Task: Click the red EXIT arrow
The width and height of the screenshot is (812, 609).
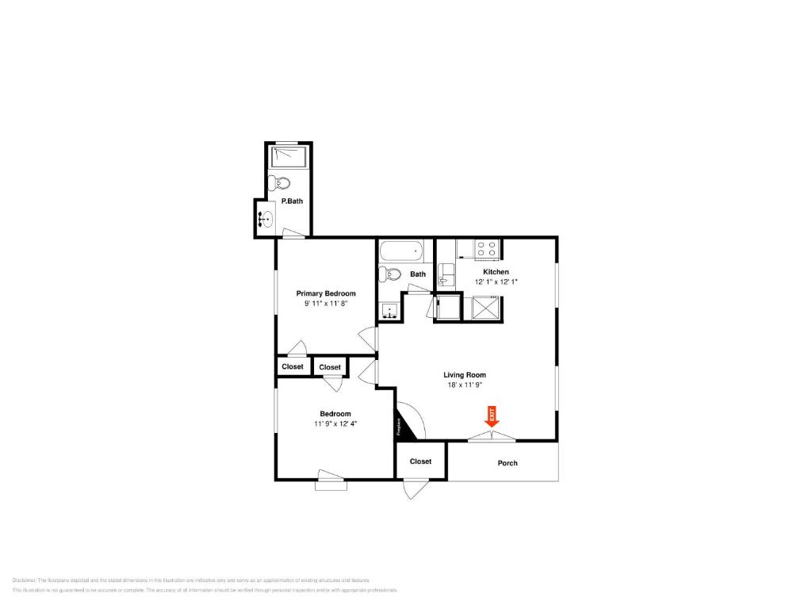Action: [491, 416]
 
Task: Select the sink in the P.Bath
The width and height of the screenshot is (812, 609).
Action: [267, 218]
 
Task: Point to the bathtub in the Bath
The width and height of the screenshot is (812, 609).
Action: [402, 252]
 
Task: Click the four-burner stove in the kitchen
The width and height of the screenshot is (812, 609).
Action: [486, 250]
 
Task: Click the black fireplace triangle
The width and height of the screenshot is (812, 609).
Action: [402, 423]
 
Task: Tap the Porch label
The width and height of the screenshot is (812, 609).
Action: [507, 463]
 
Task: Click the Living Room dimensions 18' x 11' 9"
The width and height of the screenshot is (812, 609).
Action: [464, 385]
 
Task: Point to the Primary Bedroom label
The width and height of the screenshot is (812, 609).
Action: [326, 293]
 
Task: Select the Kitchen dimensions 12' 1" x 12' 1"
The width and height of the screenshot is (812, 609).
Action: [496, 282]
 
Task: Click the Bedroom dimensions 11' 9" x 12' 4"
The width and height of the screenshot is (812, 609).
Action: [335, 423]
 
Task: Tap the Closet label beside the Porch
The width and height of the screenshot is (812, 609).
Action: [420, 462]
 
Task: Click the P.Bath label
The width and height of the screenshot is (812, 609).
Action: [292, 201]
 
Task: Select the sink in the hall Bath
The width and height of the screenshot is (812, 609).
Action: [389, 310]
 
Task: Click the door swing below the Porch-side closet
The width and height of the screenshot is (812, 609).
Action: [412, 488]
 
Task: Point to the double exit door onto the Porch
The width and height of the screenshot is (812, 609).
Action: [492, 435]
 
